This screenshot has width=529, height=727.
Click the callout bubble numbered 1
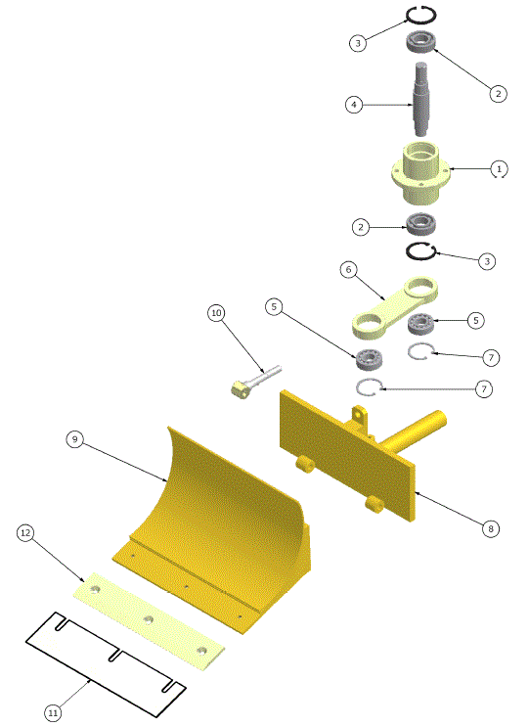point(499,168)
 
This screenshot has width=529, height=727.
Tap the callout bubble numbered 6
point(349,269)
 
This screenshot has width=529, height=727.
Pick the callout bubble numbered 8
point(491,528)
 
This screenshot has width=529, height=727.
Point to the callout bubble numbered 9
point(75,440)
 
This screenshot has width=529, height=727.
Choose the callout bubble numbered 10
point(216,313)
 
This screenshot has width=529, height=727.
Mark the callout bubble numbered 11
point(54,713)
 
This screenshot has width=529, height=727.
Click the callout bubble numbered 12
point(26,533)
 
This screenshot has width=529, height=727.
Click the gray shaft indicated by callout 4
point(421,99)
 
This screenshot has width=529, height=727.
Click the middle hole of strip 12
point(149,618)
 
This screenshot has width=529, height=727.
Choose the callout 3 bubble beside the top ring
point(359,43)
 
